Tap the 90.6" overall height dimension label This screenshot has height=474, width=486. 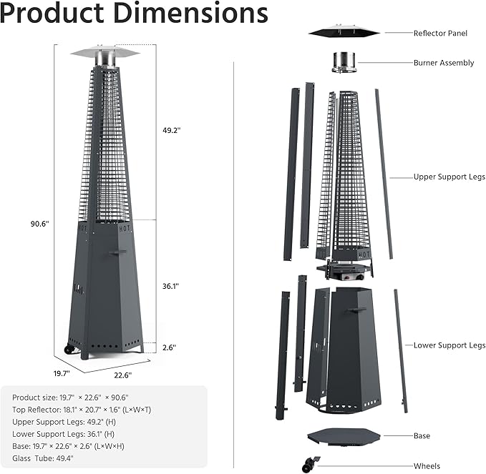(39, 224)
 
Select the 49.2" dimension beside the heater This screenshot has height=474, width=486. (171, 130)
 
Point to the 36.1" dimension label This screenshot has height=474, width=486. (171, 285)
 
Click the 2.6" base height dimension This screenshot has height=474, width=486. (169, 347)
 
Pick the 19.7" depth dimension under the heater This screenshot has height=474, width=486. (62, 373)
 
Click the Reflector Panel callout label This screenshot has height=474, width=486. (442, 33)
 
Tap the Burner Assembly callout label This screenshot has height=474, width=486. (444, 63)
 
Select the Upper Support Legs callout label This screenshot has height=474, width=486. (449, 177)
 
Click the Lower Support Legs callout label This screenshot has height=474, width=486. (449, 345)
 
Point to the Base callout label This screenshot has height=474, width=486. (422, 435)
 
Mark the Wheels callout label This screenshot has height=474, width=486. (426, 466)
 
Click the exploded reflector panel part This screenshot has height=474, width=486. (343, 32)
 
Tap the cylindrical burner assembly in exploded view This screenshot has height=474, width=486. (343, 61)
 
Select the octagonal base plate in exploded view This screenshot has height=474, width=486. (343, 437)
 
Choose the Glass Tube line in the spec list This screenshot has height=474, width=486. (43, 458)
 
